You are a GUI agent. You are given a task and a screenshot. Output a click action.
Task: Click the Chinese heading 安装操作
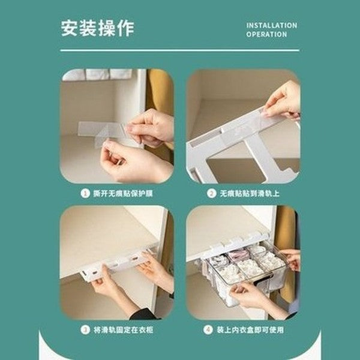tap(97, 28)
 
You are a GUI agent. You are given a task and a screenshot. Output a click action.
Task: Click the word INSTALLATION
tap(271, 25)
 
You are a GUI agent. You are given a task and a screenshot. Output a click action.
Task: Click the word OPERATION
tap(266, 35)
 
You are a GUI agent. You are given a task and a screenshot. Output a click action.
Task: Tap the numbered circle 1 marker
tap(84, 193)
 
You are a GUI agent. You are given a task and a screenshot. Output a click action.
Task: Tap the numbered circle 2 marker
tap(211, 193)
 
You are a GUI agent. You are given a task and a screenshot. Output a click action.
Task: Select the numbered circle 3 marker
tap(84, 329)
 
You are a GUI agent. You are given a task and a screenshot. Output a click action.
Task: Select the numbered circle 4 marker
tap(208, 329)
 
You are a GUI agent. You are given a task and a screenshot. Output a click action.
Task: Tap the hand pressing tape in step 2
tap(283, 100)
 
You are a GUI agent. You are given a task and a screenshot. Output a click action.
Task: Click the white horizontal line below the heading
tap(179, 50)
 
